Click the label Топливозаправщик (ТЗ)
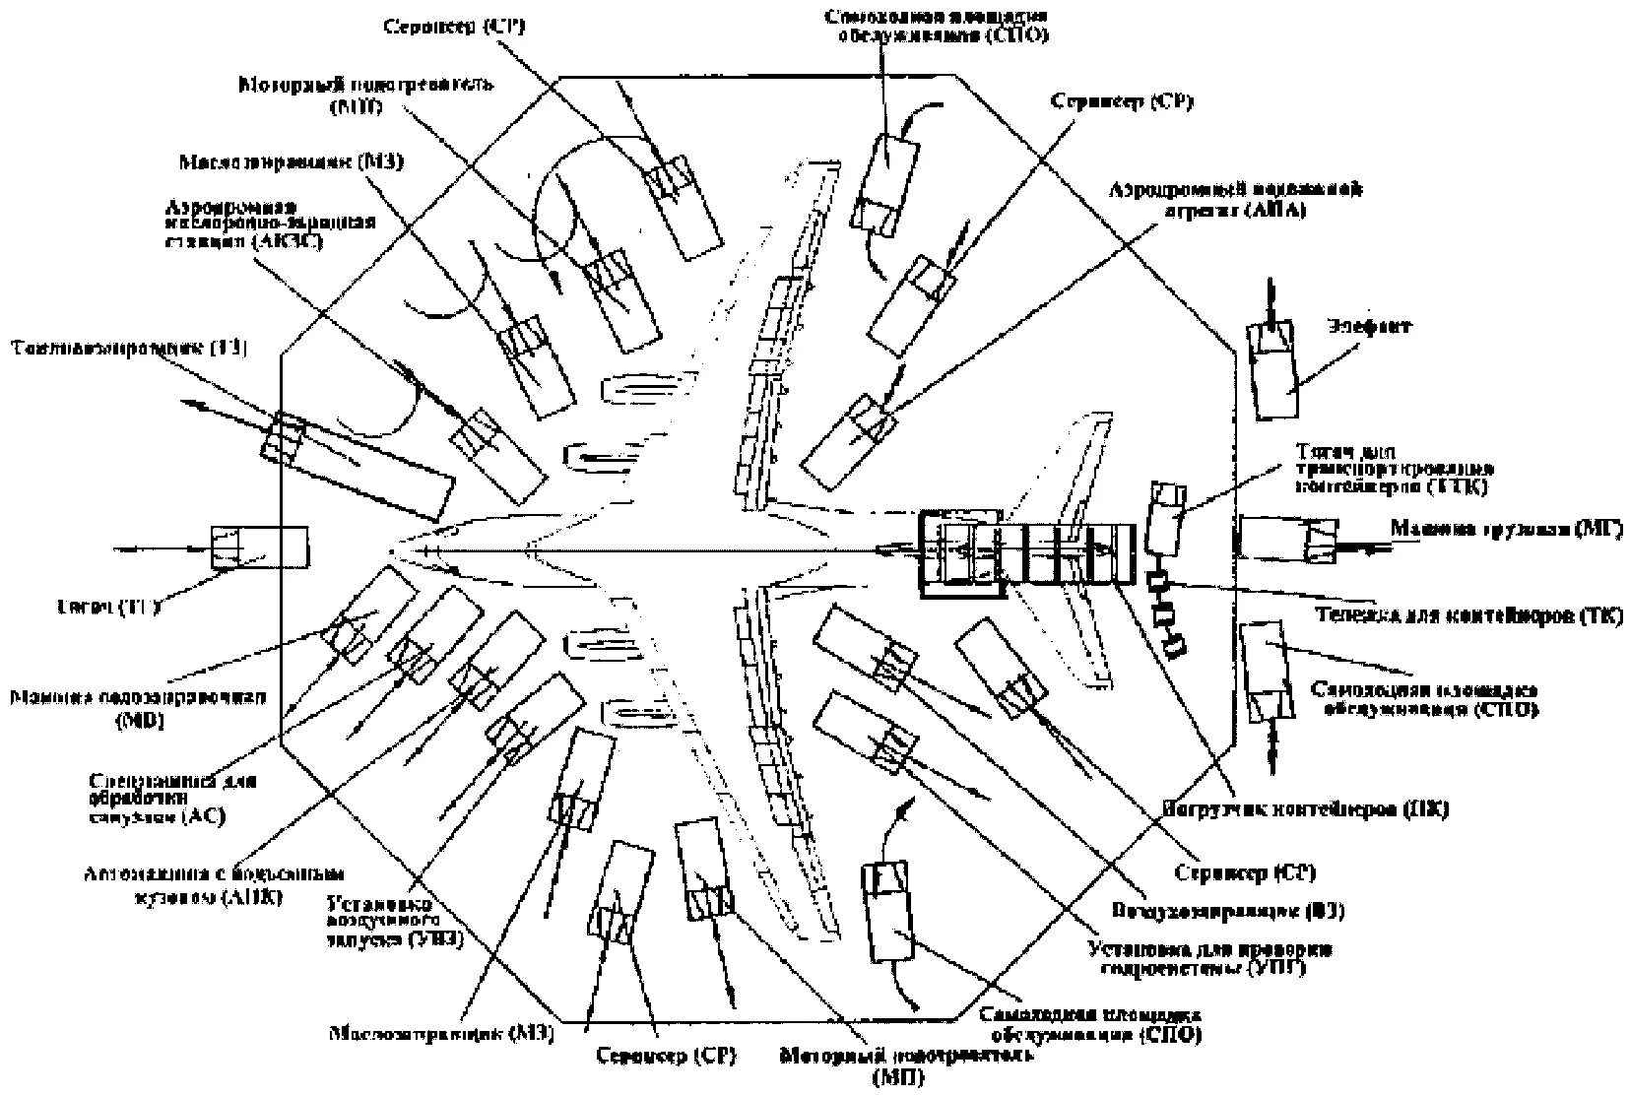coord(128,348)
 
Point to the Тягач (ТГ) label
coord(108,607)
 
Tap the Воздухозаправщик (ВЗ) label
coord(1228,911)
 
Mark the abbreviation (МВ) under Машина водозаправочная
coord(140,721)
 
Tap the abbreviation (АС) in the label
coord(205,816)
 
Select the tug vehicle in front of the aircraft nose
coord(259,547)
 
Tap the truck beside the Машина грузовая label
coord(1287,541)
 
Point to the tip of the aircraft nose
coord(392,548)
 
